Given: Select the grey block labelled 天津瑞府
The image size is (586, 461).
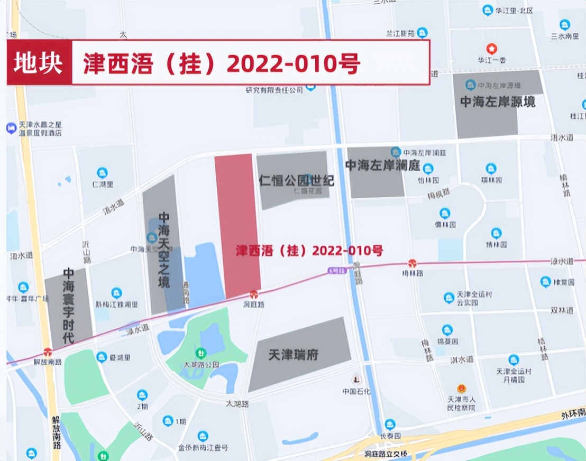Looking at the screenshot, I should (x=299, y=354).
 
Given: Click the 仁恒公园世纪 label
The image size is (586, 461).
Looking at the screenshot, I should (x=297, y=180).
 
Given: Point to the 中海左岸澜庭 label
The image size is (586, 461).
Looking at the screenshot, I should (x=382, y=165).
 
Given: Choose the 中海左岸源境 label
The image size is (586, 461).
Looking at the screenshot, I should (x=498, y=102).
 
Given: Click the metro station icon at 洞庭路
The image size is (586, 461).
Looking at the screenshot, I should (x=254, y=294).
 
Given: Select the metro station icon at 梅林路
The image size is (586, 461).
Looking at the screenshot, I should (x=412, y=263).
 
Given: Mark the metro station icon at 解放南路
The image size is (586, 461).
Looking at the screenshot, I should (x=48, y=352).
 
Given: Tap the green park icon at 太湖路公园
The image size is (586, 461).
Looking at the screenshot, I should (x=200, y=353).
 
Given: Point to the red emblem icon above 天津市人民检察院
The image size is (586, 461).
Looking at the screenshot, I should (x=462, y=389).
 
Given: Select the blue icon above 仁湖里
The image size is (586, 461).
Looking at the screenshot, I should (x=102, y=172).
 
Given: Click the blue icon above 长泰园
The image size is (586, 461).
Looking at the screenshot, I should (x=390, y=424).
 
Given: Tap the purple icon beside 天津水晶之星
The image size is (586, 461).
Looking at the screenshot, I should (x=11, y=128).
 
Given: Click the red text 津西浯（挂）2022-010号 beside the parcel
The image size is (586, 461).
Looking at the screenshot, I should (x=309, y=251).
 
